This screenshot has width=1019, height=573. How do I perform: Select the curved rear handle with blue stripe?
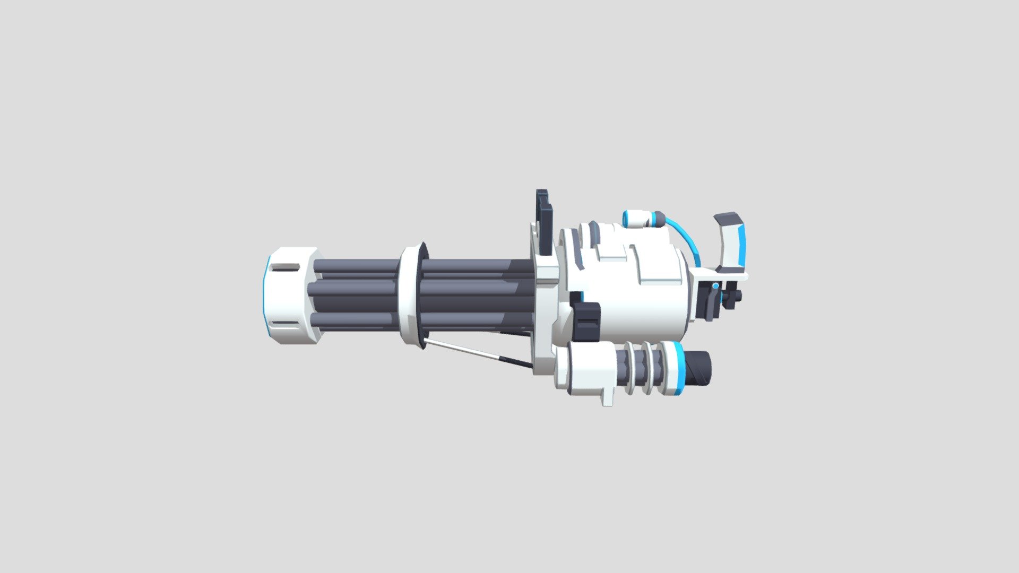735,244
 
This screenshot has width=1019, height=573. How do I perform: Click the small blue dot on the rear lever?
716,286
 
